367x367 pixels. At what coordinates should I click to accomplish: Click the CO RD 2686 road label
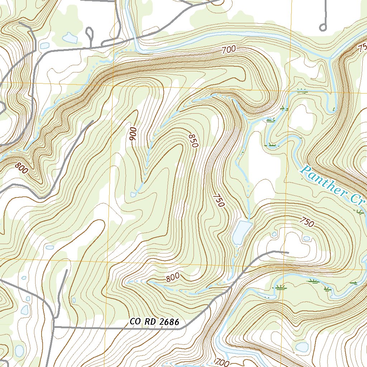tap(154, 322)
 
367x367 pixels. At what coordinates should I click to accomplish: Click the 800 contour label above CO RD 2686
tap(172, 277)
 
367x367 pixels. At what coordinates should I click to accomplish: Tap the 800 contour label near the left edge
tap(22, 168)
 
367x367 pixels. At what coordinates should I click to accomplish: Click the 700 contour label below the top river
tap(229, 50)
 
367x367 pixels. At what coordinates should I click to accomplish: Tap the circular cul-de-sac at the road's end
tap(323, 27)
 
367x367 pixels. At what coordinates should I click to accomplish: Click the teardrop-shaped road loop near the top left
tap(89, 34)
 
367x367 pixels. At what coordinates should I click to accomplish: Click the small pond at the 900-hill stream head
tap(134, 194)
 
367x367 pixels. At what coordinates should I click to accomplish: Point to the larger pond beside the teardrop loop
tap(70, 38)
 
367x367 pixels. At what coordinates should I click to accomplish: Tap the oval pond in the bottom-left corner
tap(19, 351)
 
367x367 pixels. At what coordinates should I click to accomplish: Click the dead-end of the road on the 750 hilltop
tap(288, 252)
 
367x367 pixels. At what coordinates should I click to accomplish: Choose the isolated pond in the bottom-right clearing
tap(302, 347)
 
